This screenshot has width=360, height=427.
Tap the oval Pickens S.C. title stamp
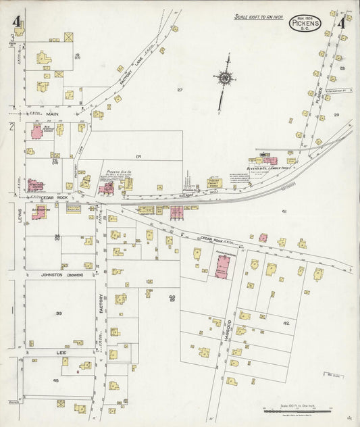[x=305, y=24]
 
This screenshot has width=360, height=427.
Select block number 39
[x=59, y=313]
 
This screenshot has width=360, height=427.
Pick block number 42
[x=286, y=324]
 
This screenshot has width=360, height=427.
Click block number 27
[x=180, y=90]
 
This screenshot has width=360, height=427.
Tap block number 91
[x=284, y=212]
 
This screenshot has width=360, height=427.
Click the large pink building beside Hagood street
[x=222, y=265]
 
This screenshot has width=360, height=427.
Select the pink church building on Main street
[x=34, y=132]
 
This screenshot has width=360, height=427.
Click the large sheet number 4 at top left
[x=15, y=23]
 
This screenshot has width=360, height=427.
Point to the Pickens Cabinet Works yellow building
[x=214, y=183]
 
